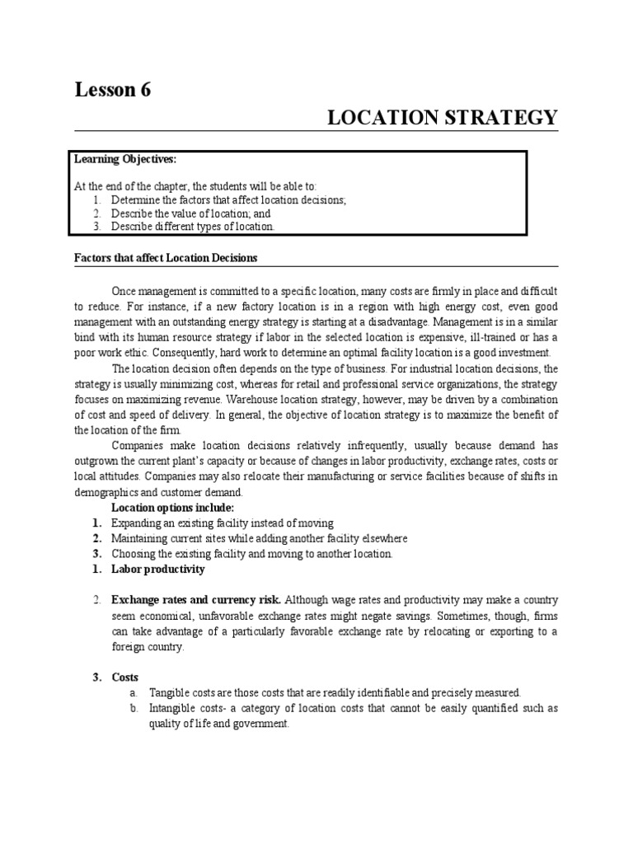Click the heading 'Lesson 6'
[x=114, y=91]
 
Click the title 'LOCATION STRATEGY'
[x=443, y=118]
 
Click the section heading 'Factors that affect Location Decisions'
[x=166, y=258]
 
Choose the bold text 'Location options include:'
[x=173, y=507]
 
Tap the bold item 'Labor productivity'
[x=158, y=569]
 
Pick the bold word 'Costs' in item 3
[x=125, y=677]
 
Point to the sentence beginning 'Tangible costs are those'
[x=335, y=692]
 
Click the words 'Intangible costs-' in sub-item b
[x=190, y=709]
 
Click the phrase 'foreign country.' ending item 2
[x=149, y=646]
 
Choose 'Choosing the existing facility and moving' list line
[x=252, y=554]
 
